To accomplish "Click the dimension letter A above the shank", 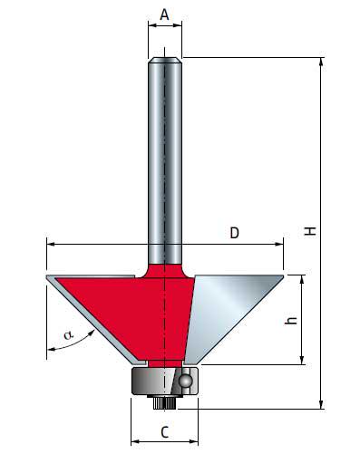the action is (x=164, y=14).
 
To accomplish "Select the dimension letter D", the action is (x=235, y=233).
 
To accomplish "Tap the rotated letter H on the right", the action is (x=310, y=231).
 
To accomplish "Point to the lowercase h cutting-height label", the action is (x=291, y=321).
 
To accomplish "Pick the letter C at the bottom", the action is (x=164, y=432).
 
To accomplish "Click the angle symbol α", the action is (x=68, y=334).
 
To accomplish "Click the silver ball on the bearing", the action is (x=185, y=381).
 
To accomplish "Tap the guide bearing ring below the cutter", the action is (x=164, y=382).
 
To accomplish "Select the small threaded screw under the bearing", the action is (x=164, y=402).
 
